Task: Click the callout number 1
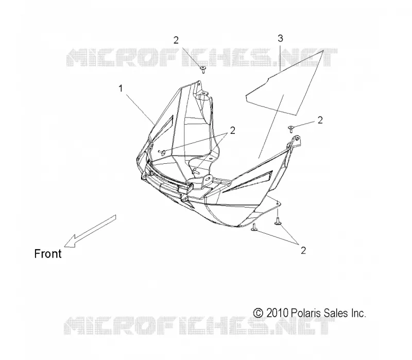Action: coord(121,88)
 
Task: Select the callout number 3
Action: coord(280,38)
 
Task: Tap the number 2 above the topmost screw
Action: coord(176,40)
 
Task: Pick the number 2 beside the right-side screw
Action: coord(320,120)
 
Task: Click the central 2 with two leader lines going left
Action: coord(233,130)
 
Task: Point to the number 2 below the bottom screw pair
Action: coord(303,250)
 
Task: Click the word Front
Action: coord(48,254)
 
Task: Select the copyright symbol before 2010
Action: coord(258,313)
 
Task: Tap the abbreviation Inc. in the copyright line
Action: coord(358,313)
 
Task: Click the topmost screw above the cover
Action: coord(203,70)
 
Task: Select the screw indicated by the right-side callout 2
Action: coord(291,129)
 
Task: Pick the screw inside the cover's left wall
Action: coord(161,152)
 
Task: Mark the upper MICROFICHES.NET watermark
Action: coord(202,57)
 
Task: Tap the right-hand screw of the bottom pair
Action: coord(278,221)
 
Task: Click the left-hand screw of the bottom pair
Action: coord(254,228)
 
